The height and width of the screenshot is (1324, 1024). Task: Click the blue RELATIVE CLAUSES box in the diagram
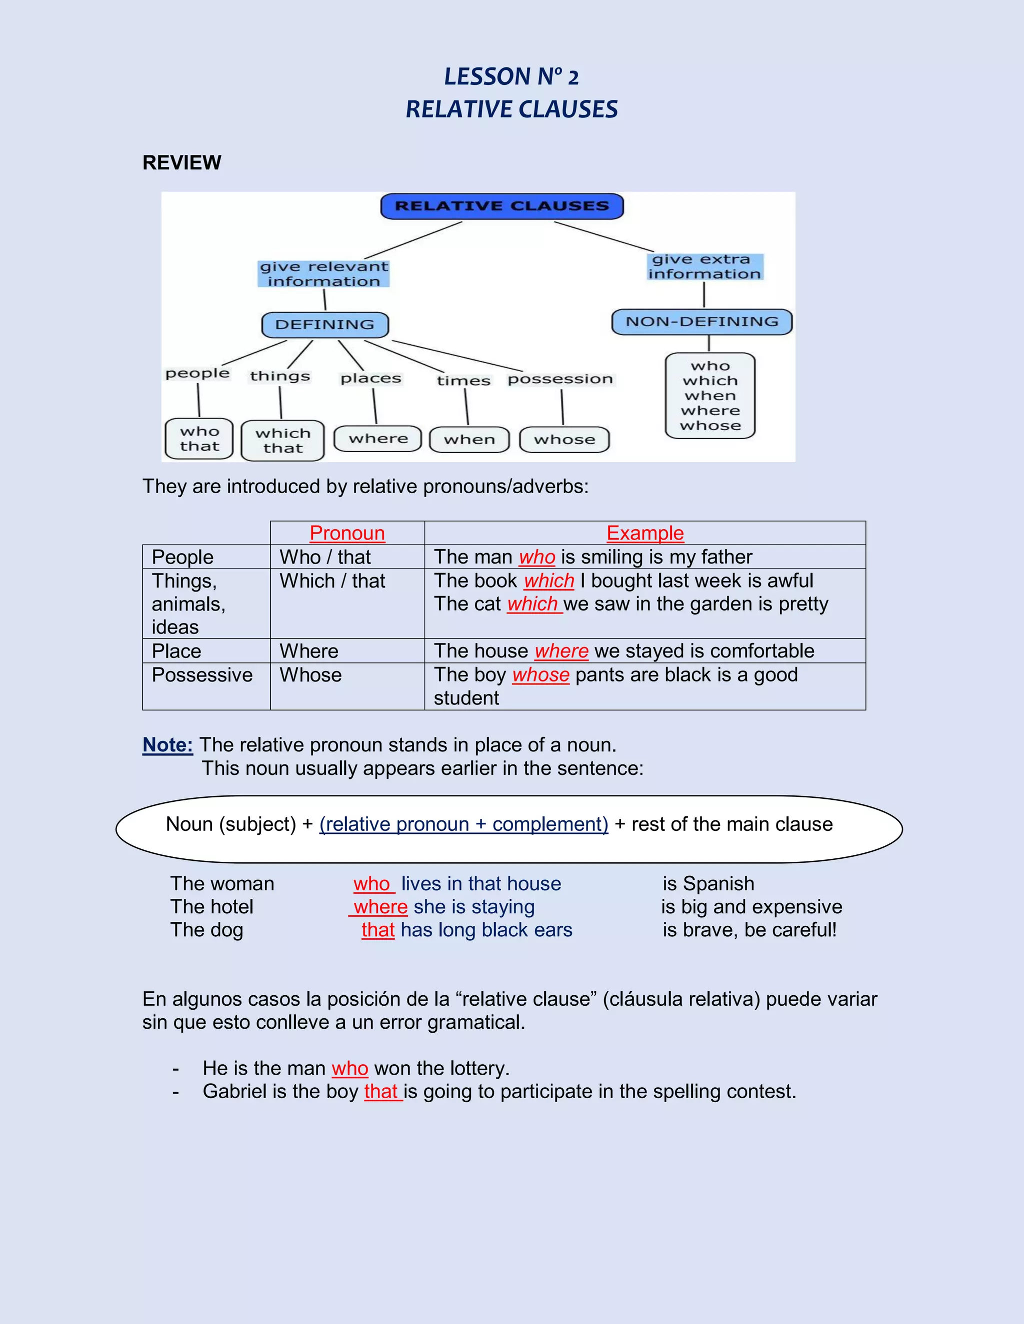[x=501, y=206]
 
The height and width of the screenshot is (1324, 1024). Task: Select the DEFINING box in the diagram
[x=324, y=325]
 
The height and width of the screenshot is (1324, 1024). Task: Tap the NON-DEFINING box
[x=702, y=322]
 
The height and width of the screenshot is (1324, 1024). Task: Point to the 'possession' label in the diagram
[x=560, y=379]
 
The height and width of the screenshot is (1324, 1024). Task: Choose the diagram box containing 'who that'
[x=199, y=439]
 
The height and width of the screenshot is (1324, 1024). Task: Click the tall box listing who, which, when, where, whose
[x=710, y=395]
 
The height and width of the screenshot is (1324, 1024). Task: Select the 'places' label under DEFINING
[x=370, y=378]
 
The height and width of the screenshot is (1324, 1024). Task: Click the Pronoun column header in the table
[x=347, y=533]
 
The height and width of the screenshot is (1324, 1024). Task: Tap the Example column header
[x=645, y=533]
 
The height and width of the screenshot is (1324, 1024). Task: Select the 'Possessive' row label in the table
[x=202, y=674]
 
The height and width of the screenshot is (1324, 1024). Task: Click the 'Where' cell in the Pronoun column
[x=309, y=651]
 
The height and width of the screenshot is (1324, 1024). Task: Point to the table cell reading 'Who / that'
[x=324, y=557]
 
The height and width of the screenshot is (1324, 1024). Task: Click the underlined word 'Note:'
[x=167, y=744]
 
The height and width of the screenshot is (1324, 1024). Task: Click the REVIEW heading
[x=181, y=162]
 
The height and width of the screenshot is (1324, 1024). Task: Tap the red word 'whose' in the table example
[x=540, y=674]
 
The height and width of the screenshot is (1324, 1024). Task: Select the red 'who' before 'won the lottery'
[x=349, y=1068]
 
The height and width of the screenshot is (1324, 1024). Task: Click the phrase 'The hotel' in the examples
[x=211, y=906]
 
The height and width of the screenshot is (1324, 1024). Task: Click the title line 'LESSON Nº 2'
[x=511, y=77]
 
